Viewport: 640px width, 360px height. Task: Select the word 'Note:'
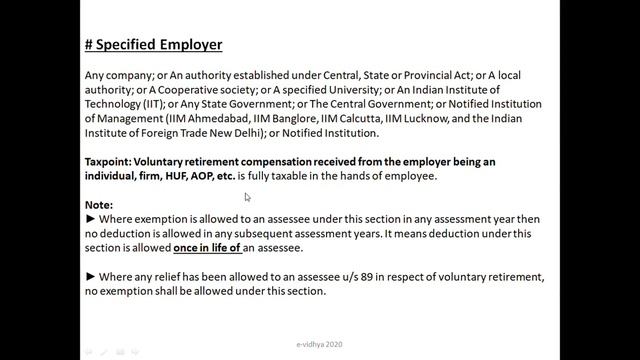click(99, 205)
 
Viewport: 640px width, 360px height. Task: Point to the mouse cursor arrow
click(247, 197)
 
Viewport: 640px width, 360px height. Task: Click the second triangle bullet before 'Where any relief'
click(90, 277)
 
